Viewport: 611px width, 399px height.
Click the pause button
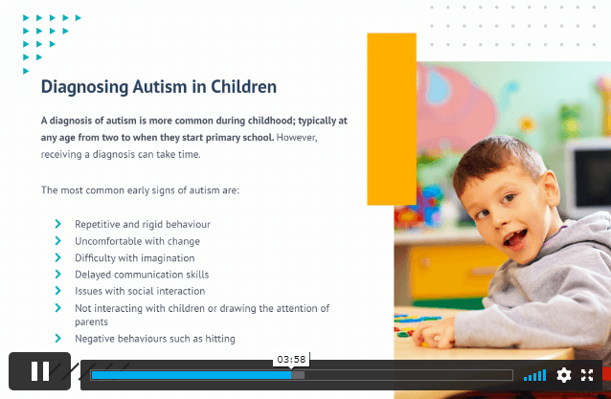point(40,371)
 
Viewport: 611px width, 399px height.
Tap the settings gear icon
point(563,375)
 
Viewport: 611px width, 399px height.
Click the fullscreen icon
point(587,375)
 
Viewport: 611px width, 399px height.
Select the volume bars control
point(534,376)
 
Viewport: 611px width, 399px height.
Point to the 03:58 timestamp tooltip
point(291,360)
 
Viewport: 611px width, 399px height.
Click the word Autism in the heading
point(160,86)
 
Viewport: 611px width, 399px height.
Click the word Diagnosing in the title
point(84,87)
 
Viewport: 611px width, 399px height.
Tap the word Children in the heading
point(243,86)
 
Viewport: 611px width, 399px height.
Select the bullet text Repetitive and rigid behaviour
point(143,224)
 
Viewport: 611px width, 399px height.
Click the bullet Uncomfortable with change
point(137,241)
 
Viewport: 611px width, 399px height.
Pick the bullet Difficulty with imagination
point(134,258)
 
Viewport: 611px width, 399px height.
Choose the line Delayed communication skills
point(142,275)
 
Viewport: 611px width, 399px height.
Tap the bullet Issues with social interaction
point(140,291)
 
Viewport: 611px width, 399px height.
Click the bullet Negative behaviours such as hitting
point(155,339)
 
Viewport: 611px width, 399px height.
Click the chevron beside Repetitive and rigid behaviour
point(58,224)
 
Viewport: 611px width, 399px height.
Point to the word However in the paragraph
point(297,138)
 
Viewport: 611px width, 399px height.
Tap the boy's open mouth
point(515,238)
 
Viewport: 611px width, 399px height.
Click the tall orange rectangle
point(392,119)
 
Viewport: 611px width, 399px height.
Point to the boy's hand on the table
point(435,334)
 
